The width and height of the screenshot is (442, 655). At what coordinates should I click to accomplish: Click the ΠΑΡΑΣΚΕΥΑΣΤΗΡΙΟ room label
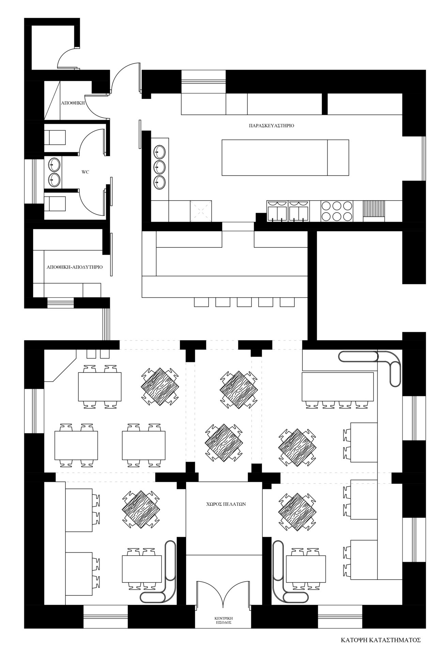272,126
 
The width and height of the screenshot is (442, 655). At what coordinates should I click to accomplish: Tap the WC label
85,172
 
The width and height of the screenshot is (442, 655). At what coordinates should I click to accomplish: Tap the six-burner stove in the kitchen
337,211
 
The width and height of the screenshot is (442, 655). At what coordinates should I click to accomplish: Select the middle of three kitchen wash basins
159,166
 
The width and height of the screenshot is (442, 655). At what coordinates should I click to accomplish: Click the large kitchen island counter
285,157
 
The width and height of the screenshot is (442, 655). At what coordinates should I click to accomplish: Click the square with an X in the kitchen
201,211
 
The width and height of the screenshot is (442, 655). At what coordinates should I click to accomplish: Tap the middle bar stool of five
244,302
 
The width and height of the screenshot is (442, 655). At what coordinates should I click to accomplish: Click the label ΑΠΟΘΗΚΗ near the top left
73,102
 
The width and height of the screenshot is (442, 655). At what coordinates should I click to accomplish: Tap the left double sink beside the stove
277,211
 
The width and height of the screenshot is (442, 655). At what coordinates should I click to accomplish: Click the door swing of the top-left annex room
68,58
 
